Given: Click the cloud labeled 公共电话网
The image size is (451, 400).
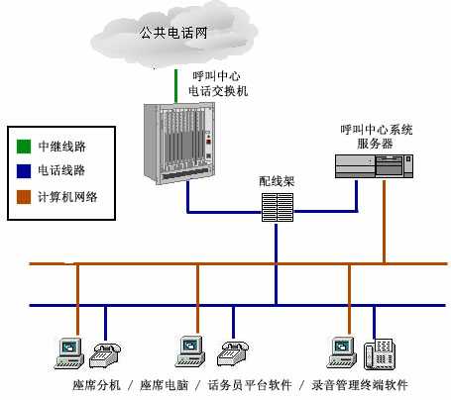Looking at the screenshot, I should [178, 35].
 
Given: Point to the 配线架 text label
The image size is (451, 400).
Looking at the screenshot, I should [278, 181].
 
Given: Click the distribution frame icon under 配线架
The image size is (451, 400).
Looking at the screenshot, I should [279, 207].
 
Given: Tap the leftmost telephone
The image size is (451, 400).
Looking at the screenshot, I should [104, 352].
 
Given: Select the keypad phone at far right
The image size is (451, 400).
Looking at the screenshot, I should [379, 353].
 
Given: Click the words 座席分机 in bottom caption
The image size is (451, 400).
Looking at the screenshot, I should [97, 385].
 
